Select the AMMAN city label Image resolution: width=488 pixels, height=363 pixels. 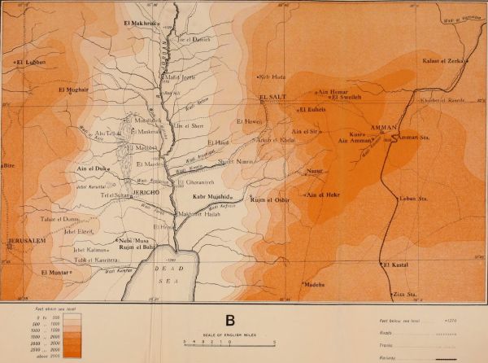381,129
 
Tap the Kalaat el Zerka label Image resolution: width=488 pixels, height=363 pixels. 442,61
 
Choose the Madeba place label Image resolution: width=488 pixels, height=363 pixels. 314,284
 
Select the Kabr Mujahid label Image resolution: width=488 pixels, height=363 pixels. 214,197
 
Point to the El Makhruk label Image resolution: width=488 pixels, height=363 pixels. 142,22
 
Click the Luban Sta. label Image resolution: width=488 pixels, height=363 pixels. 409,198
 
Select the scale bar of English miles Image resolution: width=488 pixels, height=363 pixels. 229,341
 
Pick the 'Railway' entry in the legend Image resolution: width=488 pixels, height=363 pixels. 390,356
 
